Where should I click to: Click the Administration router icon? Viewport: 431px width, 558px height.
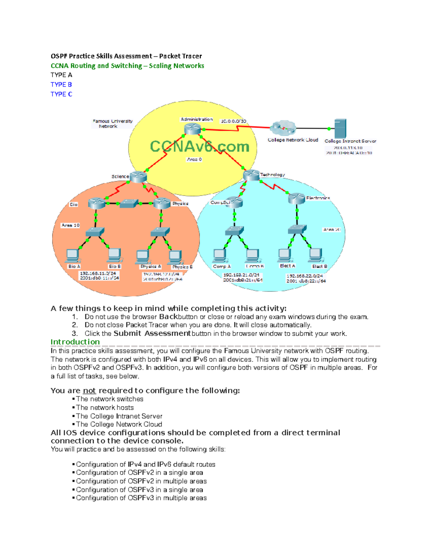[193, 128]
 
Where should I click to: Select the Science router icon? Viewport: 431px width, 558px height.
[138, 176]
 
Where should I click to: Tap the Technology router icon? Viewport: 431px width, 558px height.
[251, 175]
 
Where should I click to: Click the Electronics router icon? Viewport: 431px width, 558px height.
[297, 198]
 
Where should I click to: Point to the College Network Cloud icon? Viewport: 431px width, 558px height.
[283, 128]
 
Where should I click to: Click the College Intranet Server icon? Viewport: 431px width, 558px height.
[340, 128]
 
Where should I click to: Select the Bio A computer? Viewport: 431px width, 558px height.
[73, 255]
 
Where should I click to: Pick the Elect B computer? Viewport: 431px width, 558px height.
[316, 255]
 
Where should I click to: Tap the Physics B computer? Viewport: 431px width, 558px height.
[175, 257]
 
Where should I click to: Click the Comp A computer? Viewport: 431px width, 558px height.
[219, 256]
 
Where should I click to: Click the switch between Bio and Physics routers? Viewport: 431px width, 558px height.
[129, 203]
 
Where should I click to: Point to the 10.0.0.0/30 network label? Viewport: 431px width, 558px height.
[233, 121]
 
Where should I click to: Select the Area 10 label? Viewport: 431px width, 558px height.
[70, 225]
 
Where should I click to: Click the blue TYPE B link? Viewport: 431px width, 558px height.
[61, 84]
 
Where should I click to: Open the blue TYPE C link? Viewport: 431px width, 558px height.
[61, 94]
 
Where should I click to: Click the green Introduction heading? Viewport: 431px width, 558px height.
[75, 342]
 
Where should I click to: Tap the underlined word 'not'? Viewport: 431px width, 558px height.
[89, 391]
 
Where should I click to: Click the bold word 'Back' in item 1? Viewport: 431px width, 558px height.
[168, 317]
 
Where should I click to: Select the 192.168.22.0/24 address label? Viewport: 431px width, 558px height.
[305, 276]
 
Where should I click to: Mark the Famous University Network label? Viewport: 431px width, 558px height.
[112, 124]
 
